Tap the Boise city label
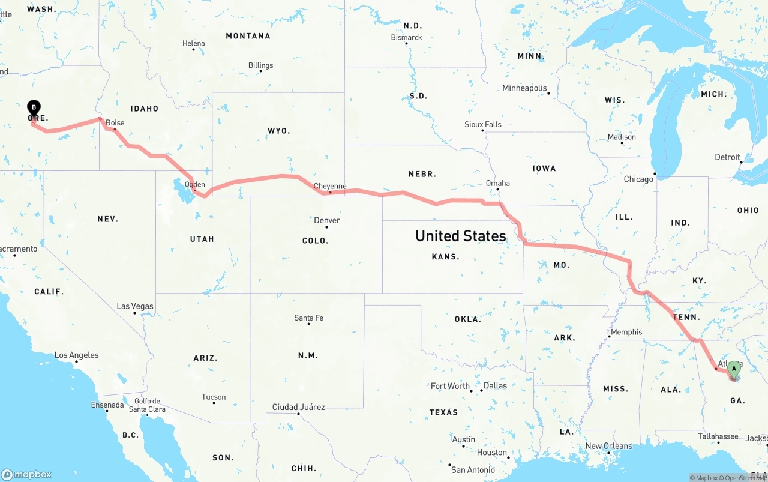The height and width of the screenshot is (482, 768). coord(115,123)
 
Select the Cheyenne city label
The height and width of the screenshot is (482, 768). coord(330,186)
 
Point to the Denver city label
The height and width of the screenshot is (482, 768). coord(327,220)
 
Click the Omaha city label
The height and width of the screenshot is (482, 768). coord(498,183)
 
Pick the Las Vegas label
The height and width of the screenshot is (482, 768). coord(135,306)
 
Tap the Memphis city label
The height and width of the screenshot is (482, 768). coord(626,332)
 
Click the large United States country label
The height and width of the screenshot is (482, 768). coord(461,236)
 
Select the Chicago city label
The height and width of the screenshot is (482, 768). coord(638,179)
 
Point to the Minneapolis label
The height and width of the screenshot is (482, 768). coord(525,88)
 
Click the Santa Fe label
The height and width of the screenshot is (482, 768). coord(308,318)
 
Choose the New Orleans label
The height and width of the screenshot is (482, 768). coord(608,446)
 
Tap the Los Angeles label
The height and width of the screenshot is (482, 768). coord(77,355)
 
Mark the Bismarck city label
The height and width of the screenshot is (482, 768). coord(407,37)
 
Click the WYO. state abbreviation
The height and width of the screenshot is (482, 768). coord(278,130)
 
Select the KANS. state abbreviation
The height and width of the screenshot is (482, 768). coord(445,256)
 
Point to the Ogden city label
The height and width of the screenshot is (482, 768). coord(195,185)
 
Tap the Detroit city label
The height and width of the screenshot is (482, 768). coord(727,157)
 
